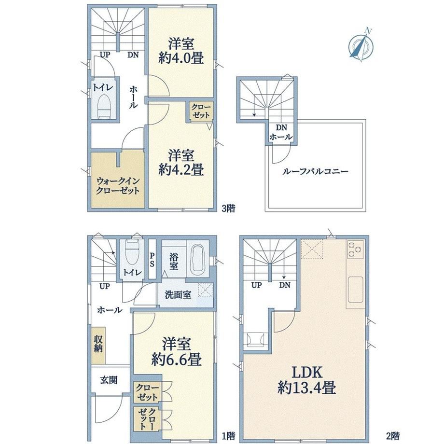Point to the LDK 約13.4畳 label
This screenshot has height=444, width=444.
point(307,380)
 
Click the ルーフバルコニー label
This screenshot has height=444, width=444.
point(315,171)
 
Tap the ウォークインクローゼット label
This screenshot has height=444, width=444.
point(118,186)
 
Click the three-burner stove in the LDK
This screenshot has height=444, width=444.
point(355,249)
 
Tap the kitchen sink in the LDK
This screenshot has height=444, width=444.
point(355,289)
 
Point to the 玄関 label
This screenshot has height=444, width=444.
point(109,380)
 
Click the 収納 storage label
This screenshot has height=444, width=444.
point(98,344)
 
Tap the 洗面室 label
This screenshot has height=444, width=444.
point(178,295)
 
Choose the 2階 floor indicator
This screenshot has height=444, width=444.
point(393,435)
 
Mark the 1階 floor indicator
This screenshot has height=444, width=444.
point(228,435)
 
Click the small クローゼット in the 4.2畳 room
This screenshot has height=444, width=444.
point(201,111)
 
